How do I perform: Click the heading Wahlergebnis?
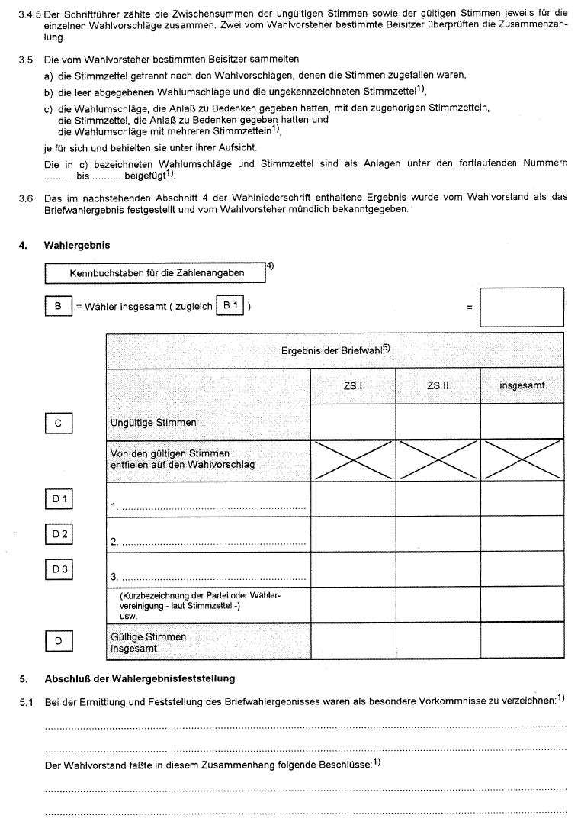coord(77,246)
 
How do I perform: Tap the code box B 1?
coord(230,307)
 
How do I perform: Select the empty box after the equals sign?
coord(522,307)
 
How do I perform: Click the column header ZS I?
coord(353,386)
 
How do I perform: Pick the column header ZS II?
coord(438,386)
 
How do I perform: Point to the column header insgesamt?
coord(522,386)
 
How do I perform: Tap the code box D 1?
coord(59,500)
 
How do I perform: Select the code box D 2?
coord(59,535)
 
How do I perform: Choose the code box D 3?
coord(59,570)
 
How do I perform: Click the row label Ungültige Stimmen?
coord(153,423)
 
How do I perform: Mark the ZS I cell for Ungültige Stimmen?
coord(353,422)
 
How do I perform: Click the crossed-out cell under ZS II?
coord(438,460)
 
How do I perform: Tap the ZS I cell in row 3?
coord(353,569)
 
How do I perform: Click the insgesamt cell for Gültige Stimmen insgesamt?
coord(522,641)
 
